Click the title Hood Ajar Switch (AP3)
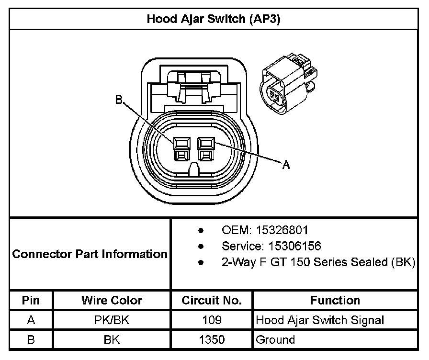(214, 19)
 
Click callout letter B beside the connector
(119, 100)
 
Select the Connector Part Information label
(90, 254)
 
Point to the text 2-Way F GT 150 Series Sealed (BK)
(318, 263)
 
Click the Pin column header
(31, 300)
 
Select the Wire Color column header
(112, 300)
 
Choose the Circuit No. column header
(211, 300)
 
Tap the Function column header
(335, 300)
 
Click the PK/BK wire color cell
(112, 320)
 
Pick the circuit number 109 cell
(211, 320)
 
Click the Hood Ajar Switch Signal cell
(320, 320)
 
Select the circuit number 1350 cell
(211, 340)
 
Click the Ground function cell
(276, 340)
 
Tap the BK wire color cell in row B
(112, 340)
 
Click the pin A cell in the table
(31, 320)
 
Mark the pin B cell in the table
(31, 340)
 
